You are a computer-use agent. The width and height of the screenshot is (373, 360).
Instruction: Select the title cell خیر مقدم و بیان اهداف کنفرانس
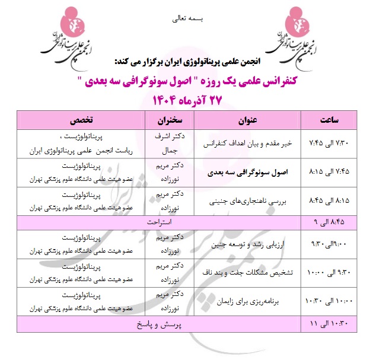(x=247, y=144)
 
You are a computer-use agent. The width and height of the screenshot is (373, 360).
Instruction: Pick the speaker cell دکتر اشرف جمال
(x=168, y=144)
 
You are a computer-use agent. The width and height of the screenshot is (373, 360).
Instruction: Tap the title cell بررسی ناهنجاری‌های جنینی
(x=247, y=202)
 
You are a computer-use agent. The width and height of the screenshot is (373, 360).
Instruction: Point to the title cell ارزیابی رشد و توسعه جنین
(x=247, y=244)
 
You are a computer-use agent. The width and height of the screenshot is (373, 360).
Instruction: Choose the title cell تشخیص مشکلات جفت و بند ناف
(x=247, y=273)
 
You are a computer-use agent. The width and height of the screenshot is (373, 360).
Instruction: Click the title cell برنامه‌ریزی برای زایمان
(x=247, y=302)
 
